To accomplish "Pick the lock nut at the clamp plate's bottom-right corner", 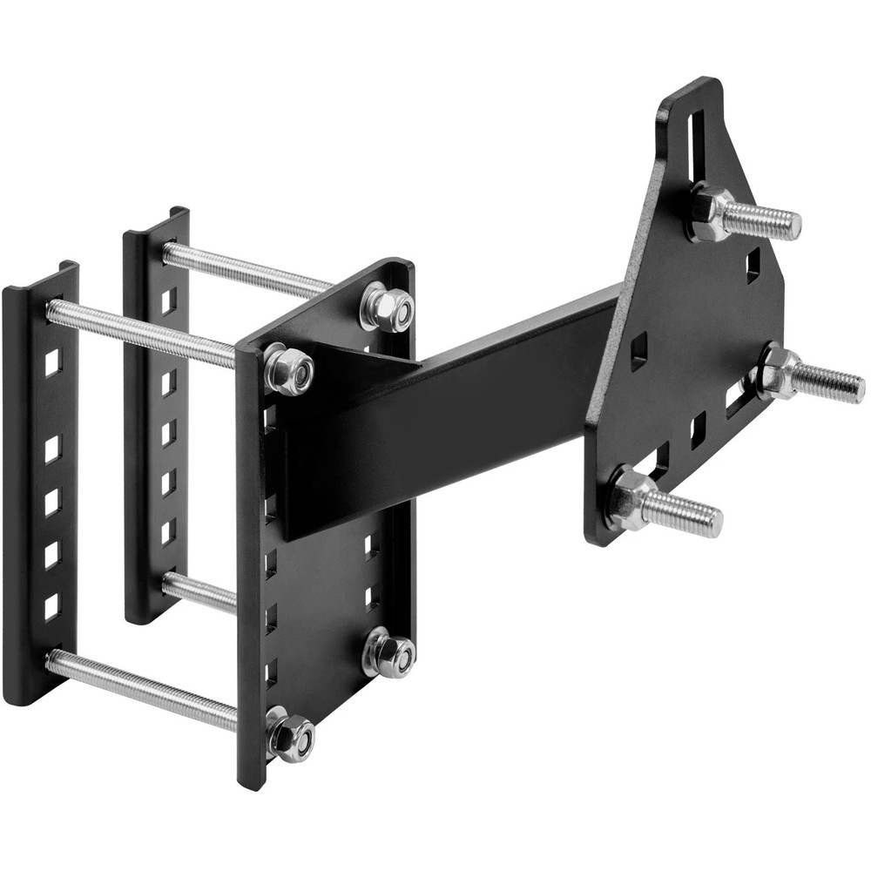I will click(x=387, y=652).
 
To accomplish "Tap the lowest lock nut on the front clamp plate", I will click(x=291, y=736).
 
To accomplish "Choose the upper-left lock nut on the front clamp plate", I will click(x=288, y=368).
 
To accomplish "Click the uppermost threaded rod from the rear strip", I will click(x=244, y=270).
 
